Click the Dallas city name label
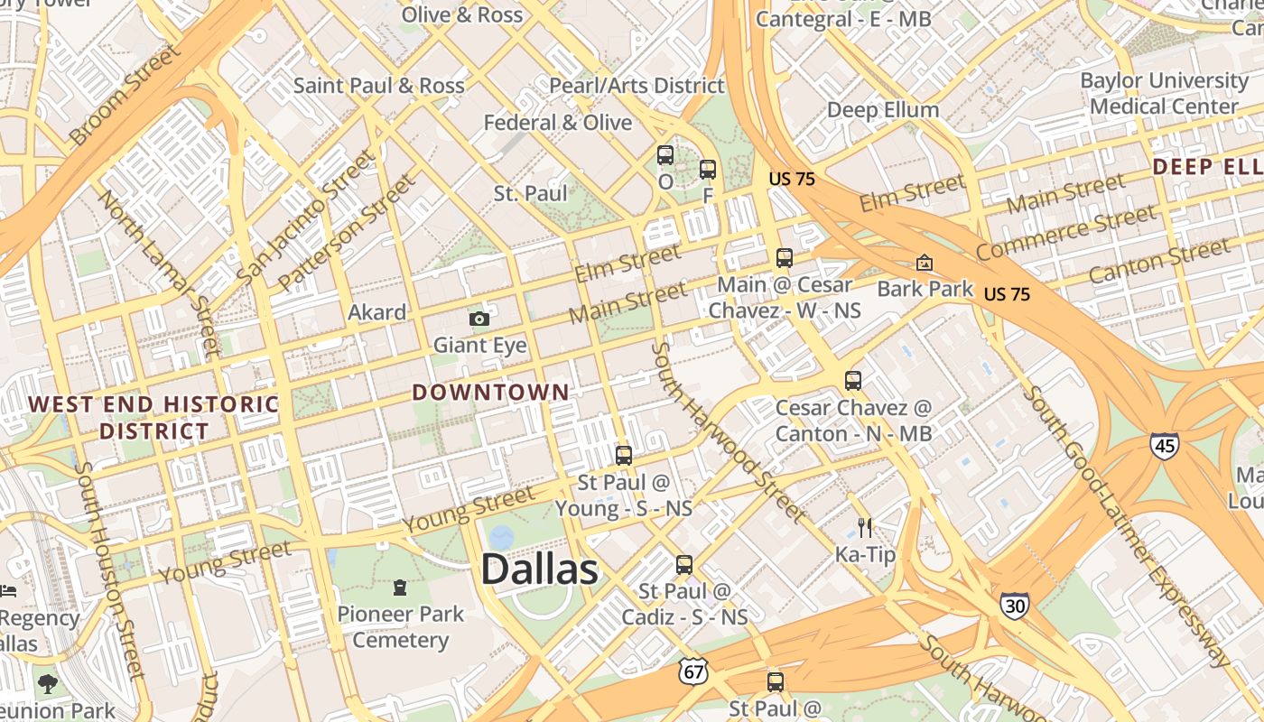pyautogui.click(x=539, y=569)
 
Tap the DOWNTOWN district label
pyautogui.click(x=491, y=393)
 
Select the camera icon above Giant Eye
pyautogui.click(x=479, y=319)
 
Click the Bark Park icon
pyautogui.click(x=924, y=263)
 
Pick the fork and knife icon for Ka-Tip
pyautogui.click(x=865, y=527)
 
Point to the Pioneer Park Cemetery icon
pyautogui.click(x=399, y=588)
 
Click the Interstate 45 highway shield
pyautogui.click(x=1164, y=445)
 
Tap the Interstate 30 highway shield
pyautogui.click(x=1014, y=606)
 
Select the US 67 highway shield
pyautogui.click(x=693, y=671)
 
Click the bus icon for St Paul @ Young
pyautogui.click(x=623, y=456)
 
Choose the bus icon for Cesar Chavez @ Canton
pyautogui.click(x=853, y=381)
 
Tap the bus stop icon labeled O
pyautogui.click(x=665, y=155)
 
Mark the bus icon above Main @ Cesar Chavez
pyautogui.click(x=784, y=258)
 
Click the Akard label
pyautogui.click(x=377, y=313)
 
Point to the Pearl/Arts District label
pyautogui.click(x=637, y=86)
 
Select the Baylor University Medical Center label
pyautogui.click(x=1164, y=94)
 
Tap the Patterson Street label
pyautogui.click(x=347, y=233)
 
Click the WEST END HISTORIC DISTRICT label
pyautogui.click(x=153, y=417)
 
